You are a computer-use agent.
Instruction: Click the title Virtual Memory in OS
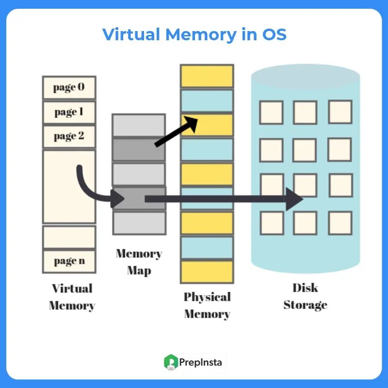[194, 35]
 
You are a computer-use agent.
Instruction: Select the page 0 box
[69, 88]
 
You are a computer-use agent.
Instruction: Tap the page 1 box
[69, 113]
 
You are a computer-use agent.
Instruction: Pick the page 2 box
[69, 136]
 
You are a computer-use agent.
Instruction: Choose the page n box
[69, 261]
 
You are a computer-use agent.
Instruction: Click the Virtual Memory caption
[72, 297]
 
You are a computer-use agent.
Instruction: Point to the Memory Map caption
[139, 262]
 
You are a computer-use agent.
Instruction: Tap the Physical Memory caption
[207, 306]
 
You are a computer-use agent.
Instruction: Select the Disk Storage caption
[305, 296]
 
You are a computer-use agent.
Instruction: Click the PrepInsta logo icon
[171, 362]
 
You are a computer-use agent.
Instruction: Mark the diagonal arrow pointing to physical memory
[176, 131]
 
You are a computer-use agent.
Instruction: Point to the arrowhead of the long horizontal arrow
[294, 199]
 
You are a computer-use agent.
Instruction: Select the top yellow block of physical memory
[207, 76]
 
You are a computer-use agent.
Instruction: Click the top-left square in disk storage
[271, 113]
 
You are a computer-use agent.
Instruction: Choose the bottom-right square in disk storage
[340, 223]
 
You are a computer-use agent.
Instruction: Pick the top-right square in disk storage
[340, 112]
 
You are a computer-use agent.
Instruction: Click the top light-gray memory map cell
[139, 125]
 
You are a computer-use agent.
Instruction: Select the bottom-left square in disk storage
[271, 223]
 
